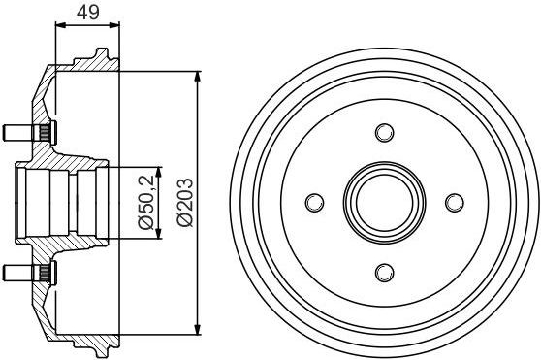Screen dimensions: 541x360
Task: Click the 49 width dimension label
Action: pyautogui.click(x=87, y=13)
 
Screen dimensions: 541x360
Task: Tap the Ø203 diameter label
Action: pyautogui.click(x=184, y=202)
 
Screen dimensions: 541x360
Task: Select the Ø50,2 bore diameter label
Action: pyautogui.click(x=146, y=202)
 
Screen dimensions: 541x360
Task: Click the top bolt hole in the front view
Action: pyautogui.click(x=385, y=132)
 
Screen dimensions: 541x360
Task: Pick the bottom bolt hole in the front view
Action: pyautogui.click(x=385, y=273)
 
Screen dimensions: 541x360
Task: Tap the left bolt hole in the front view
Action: pyautogui.click(x=315, y=202)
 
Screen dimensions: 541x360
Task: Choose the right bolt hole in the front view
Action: pyautogui.click(x=455, y=203)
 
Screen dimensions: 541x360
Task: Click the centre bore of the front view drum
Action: pyautogui.click(x=385, y=202)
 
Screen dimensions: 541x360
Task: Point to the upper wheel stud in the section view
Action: pyautogui.click(x=29, y=133)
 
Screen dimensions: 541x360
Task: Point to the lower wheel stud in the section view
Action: pyautogui.click(x=29, y=273)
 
